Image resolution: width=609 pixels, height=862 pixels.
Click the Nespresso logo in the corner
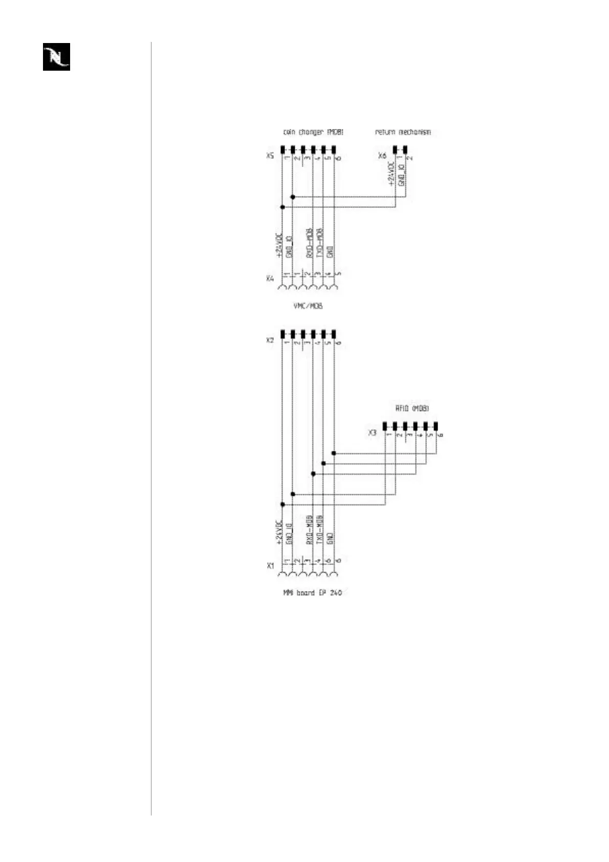click(56, 56)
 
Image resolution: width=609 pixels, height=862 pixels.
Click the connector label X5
click(270, 156)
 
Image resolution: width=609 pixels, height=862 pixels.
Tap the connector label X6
click(382, 156)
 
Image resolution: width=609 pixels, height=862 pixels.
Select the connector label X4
click(270, 279)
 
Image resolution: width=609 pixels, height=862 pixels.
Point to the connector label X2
click(270, 340)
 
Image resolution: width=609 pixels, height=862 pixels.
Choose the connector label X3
click(372, 433)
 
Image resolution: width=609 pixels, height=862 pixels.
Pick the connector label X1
click(270, 566)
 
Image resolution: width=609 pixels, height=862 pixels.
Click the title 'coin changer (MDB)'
click(313, 132)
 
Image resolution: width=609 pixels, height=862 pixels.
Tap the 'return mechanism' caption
click(403, 132)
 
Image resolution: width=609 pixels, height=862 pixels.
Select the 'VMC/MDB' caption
click(308, 306)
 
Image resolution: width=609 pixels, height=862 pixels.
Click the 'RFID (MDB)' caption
click(412, 409)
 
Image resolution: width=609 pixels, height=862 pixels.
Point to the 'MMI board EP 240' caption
click(312, 593)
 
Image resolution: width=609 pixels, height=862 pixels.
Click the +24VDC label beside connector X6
click(391, 174)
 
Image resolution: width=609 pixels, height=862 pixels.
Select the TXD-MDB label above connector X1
click(320, 530)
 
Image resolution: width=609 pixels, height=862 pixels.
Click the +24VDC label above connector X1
click(279, 533)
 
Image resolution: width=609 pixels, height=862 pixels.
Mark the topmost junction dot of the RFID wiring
click(334, 453)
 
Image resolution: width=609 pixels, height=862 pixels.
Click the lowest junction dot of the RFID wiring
click(282, 504)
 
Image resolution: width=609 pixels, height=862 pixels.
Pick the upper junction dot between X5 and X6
click(293, 197)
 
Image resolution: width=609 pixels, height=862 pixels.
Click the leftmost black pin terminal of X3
click(385, 426)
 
